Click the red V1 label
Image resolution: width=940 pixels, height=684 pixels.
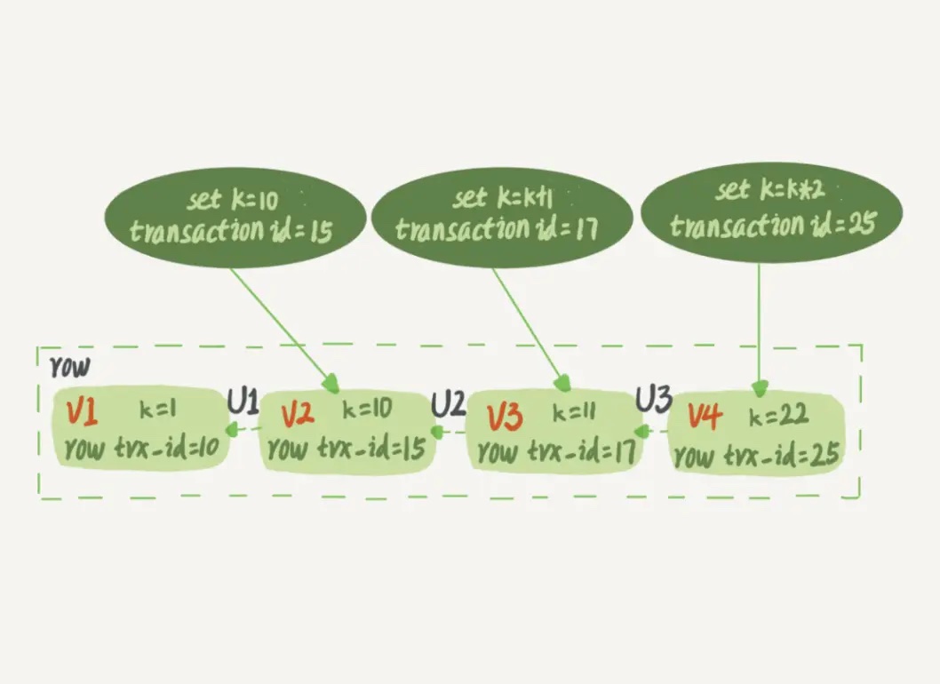point(82,412)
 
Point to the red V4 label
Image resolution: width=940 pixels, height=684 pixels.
point(705,416)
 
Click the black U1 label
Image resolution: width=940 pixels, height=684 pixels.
point(243,401)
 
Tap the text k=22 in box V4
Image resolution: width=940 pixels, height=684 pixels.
point(778,414)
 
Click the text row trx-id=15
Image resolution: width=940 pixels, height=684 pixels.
point(347,447)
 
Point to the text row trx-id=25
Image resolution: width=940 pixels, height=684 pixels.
point(757,455)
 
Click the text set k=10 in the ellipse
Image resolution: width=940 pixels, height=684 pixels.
point(233,199)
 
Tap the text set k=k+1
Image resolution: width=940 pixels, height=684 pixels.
point(502,197)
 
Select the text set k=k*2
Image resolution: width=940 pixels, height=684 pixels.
point(769,189)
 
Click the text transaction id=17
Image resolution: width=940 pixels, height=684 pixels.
point(497,227)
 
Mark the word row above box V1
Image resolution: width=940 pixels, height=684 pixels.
point(70,366)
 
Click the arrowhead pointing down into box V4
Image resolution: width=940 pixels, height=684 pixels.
point(760,388)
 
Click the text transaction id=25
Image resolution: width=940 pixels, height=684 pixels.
point(773,225)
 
